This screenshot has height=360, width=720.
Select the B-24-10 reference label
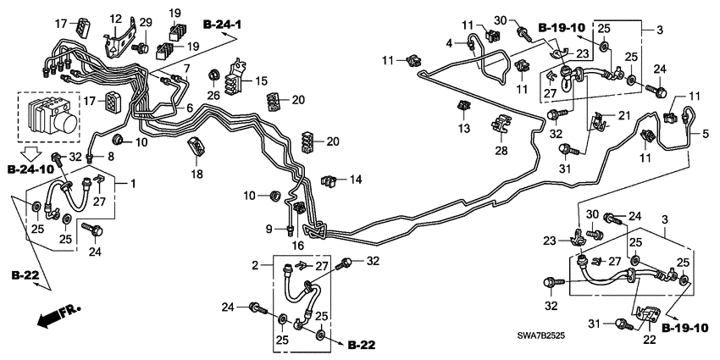[30, 169]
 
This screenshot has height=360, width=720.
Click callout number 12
[116, 19]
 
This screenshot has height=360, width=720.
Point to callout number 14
[356, 180]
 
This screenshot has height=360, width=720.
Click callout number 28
[501, 151]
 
